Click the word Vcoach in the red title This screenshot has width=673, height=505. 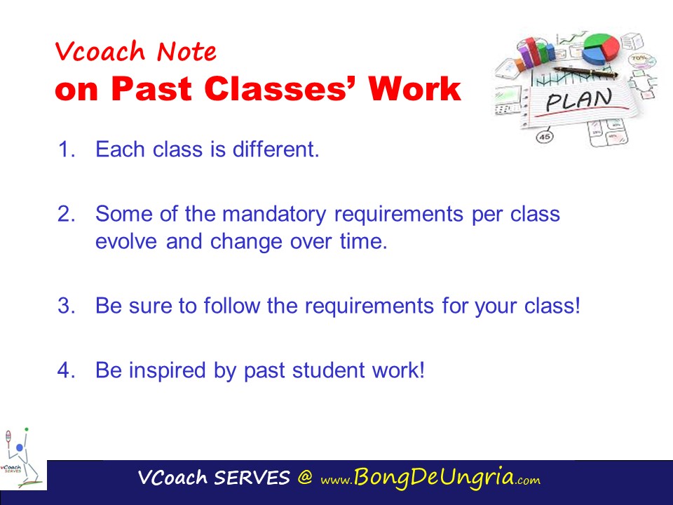[x=100, y=51]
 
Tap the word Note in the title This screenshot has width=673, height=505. [x=186, y=51]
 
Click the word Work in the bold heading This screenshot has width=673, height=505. [x=414, y=88]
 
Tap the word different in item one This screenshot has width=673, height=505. [x=276, y=149]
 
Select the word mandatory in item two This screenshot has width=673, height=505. [x=274, y=215]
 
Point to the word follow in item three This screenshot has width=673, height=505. [x=232, y=305]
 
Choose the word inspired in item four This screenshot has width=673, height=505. [x=168, y=370]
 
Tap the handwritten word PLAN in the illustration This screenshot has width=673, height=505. [x=578, y=100]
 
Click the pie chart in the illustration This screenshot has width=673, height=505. [x=601, y=48]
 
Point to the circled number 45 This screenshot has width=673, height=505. [x=545, y=137]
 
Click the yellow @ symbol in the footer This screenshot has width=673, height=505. [x=305, y=477]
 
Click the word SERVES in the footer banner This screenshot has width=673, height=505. [x=252, y=478]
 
